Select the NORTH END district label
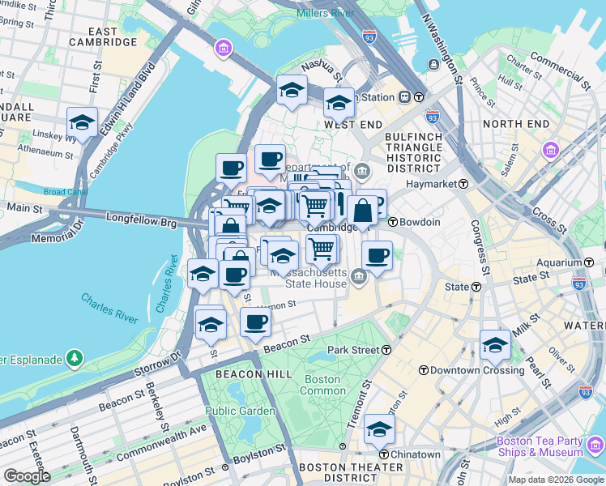(515, 123)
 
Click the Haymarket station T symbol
(463, 184)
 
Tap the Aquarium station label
(559, 263)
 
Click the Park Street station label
(353, 350)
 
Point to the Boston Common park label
(322, 385)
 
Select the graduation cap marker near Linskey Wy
(82, 122)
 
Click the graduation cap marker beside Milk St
(495, 345)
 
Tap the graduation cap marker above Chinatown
(378, 429)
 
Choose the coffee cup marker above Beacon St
(255, 322)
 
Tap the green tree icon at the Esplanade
(75, 357)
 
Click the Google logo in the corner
(26, 475)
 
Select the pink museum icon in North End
(552, 150)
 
